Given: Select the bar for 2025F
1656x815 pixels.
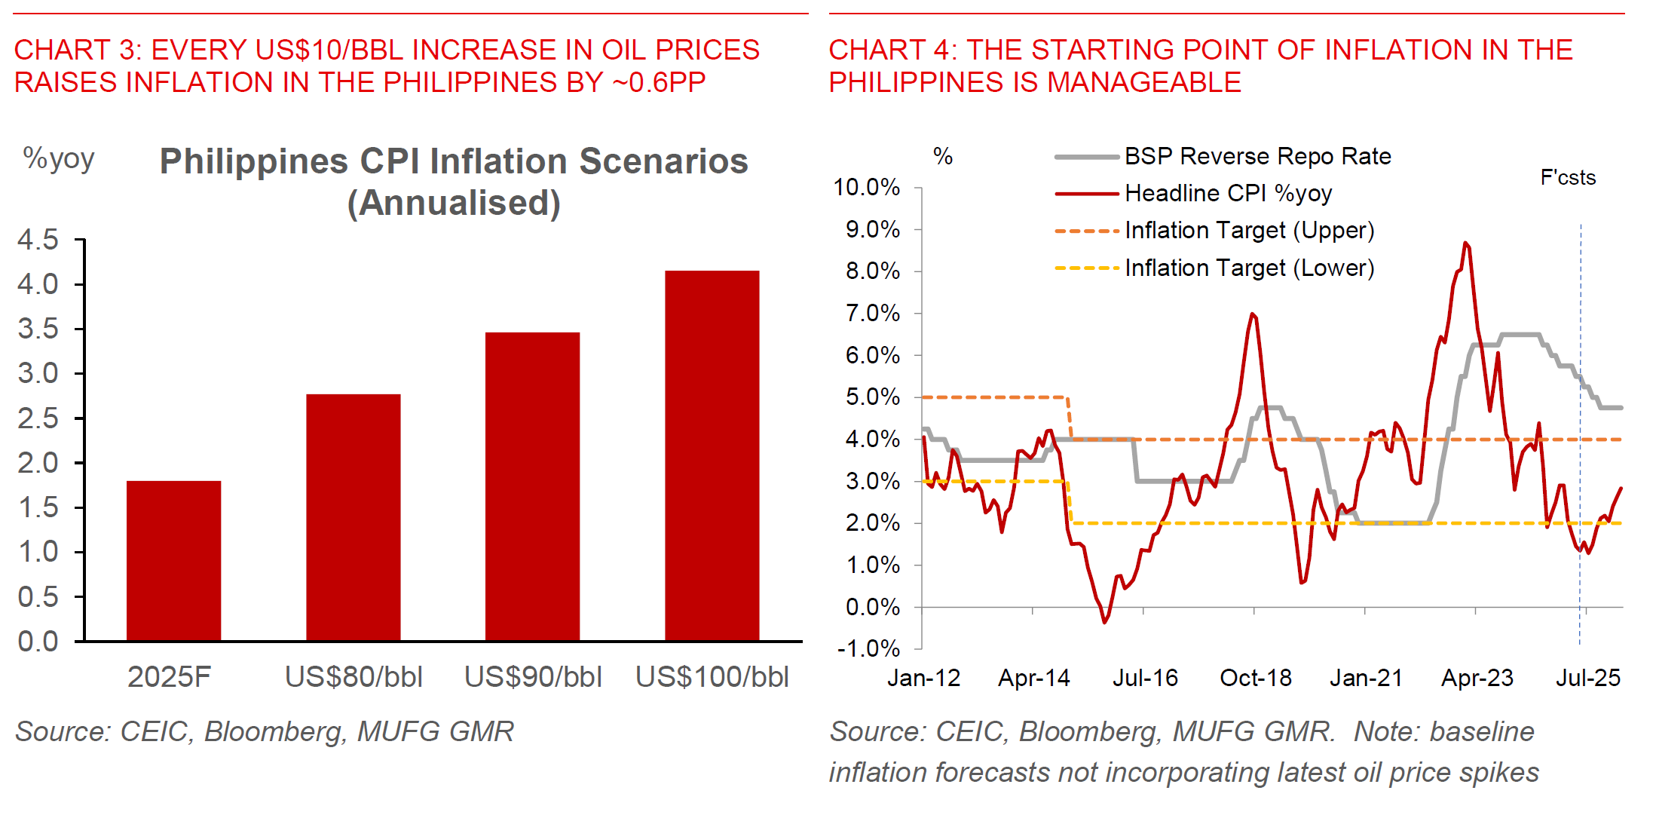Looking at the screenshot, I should point(173,561).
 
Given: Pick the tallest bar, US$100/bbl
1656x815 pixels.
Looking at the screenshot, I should point(712,455).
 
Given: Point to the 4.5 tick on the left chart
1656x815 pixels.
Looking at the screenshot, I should point(38,240).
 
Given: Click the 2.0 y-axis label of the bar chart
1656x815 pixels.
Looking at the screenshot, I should point(38,463).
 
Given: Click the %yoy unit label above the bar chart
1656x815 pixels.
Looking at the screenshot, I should point(59,158).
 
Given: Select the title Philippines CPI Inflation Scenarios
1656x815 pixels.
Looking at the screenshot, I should point(454,161).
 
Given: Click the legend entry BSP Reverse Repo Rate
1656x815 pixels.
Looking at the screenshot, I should point(1257,156).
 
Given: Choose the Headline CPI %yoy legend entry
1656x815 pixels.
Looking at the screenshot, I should point(1228,194).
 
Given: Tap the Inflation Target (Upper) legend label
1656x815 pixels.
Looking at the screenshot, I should point(1249,231).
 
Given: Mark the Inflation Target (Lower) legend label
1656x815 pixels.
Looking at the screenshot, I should point(1249,268).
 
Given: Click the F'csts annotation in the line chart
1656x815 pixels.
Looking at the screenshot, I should point(1568,178).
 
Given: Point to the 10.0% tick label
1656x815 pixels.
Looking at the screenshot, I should point(867,187).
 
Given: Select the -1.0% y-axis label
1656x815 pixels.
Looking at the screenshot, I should point(868,648).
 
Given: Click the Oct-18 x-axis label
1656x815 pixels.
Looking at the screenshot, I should point(1256,678).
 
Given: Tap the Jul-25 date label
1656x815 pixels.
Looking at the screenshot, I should point(1587,678).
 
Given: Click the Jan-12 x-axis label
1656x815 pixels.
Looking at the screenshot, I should point(923,678).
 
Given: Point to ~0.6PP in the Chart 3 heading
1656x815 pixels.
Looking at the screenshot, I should point(659,82).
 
